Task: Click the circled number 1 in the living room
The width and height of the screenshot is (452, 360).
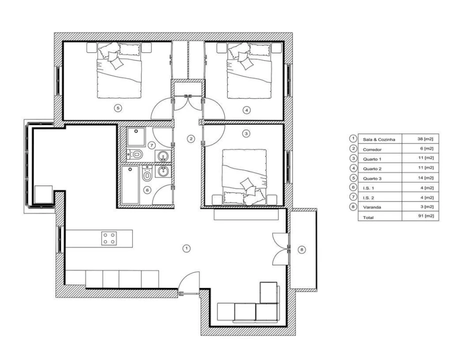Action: [x=186, y=247]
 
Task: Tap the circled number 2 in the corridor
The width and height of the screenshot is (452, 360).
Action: [x=190, y=138]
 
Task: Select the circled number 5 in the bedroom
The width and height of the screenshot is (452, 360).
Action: [x=117, y=107]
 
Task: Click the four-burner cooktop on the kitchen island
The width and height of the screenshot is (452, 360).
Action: [x=109, y=238]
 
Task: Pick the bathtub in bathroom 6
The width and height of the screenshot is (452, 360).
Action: [x=130, y=185]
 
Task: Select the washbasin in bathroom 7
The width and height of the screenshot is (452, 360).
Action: [x=162, y=156]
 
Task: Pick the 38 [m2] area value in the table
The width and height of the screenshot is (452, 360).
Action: [x=425, y=139]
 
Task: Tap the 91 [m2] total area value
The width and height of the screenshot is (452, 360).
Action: [x=425, y=217]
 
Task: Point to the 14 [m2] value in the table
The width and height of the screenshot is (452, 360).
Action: [x=425, y=178]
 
